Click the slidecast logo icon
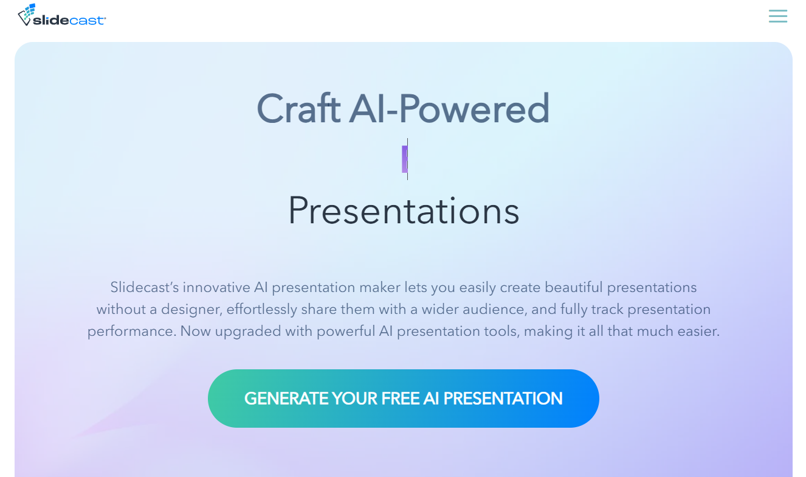pyautogui.click(x=26, y=15)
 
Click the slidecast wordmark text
pyautogui.click(x=69, y=20)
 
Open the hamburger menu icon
pyautogui.click(x=777, y=16)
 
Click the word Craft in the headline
pyautogui.click(x=298, y=110)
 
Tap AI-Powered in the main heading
pyautogui.click(x=449, y=110)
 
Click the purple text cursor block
pyautogui.click(x=405, y=159)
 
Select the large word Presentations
pyautogui.click(x=404, y=211)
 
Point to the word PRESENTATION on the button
pyautogui.click(x=503, y=399)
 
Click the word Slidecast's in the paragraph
pyautogui.click(x=144, y=287)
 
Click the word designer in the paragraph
pyautogui.click(x=192, y=309)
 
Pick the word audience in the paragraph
pyautogui.click(x=497, y=309)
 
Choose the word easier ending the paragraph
pyautogui.click(x=699, y=332)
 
